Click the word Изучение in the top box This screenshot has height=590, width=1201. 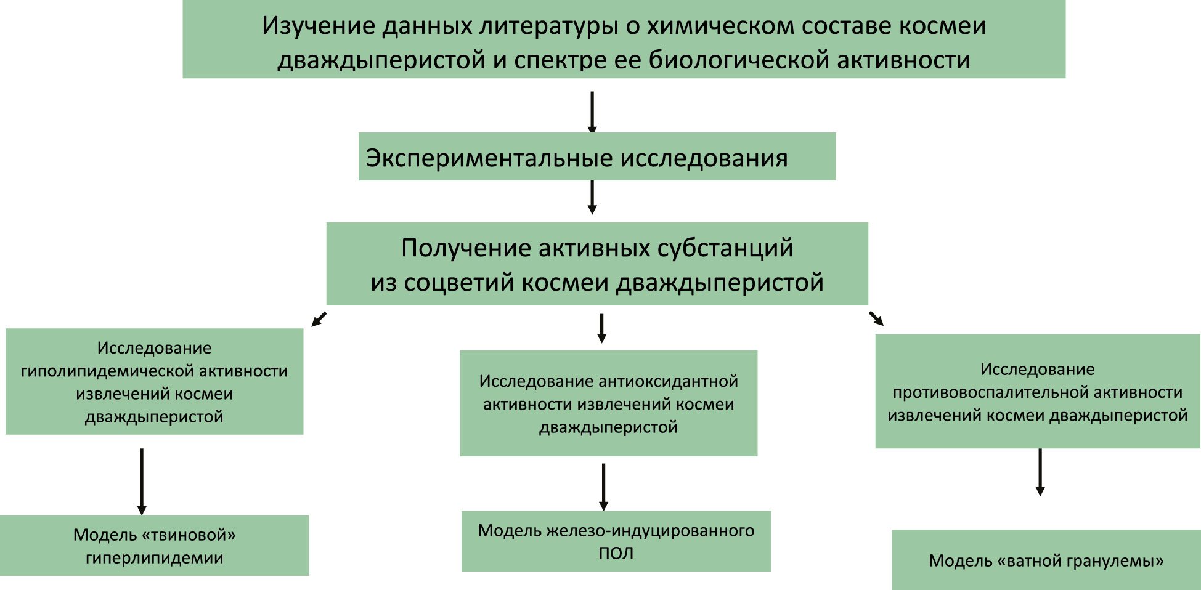(x=319, y=26)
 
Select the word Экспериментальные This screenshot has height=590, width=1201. (x=489, y=158)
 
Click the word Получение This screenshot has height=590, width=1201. (x=466, y=248)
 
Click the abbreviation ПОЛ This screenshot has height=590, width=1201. (x=616, y=553)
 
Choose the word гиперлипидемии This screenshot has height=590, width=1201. (x=154, y=558)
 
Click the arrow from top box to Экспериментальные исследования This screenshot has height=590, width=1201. (x=592, y=112)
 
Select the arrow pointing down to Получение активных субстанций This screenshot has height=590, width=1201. (x=592, y=197)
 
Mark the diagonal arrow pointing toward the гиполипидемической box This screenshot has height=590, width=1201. (x=319, y=319)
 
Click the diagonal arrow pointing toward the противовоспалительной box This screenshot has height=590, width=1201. (x=876, y=318)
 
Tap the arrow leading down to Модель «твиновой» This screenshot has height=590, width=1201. (x=142, y=481)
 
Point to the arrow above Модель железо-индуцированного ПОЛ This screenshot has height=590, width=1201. (x=604, y=487)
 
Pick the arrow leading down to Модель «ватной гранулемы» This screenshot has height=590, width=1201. (x=1040, y=472)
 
